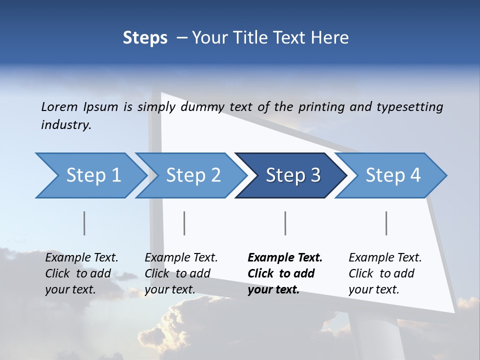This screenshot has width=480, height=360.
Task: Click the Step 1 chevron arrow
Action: [x=93, y=175]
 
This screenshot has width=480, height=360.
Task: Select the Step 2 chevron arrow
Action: [x=193, y=175]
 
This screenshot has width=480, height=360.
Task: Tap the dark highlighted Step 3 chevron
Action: [x=292, y=175]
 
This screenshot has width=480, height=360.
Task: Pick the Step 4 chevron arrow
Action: [x=392, y=175]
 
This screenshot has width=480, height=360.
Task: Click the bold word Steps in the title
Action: [x=145, y=37]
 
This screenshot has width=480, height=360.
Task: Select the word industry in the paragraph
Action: [x=65, y=125]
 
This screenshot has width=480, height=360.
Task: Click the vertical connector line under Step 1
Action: [x=84, y=223]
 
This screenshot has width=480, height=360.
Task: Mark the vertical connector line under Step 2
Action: [x=184, y=223]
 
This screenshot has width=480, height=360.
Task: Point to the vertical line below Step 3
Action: [x=285, y=223]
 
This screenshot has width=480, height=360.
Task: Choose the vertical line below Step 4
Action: [x=386, y=223]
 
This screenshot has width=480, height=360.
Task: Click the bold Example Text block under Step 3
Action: [x=285, y=273]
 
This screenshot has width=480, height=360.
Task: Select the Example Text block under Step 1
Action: [x=81, y=273]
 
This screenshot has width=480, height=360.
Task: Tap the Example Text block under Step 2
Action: [x=181, y=273]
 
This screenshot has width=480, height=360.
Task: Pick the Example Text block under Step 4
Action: [x=385, y=273]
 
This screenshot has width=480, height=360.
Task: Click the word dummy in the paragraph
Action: [x=203, y=106]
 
